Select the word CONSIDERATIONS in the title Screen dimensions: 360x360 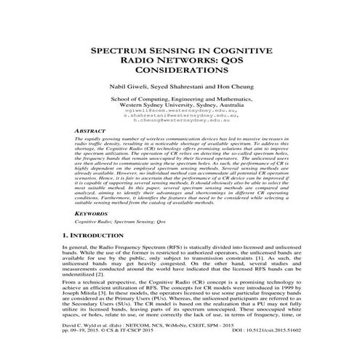tap(180, 73)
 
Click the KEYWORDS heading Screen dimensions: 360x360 tap(94, 214)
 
